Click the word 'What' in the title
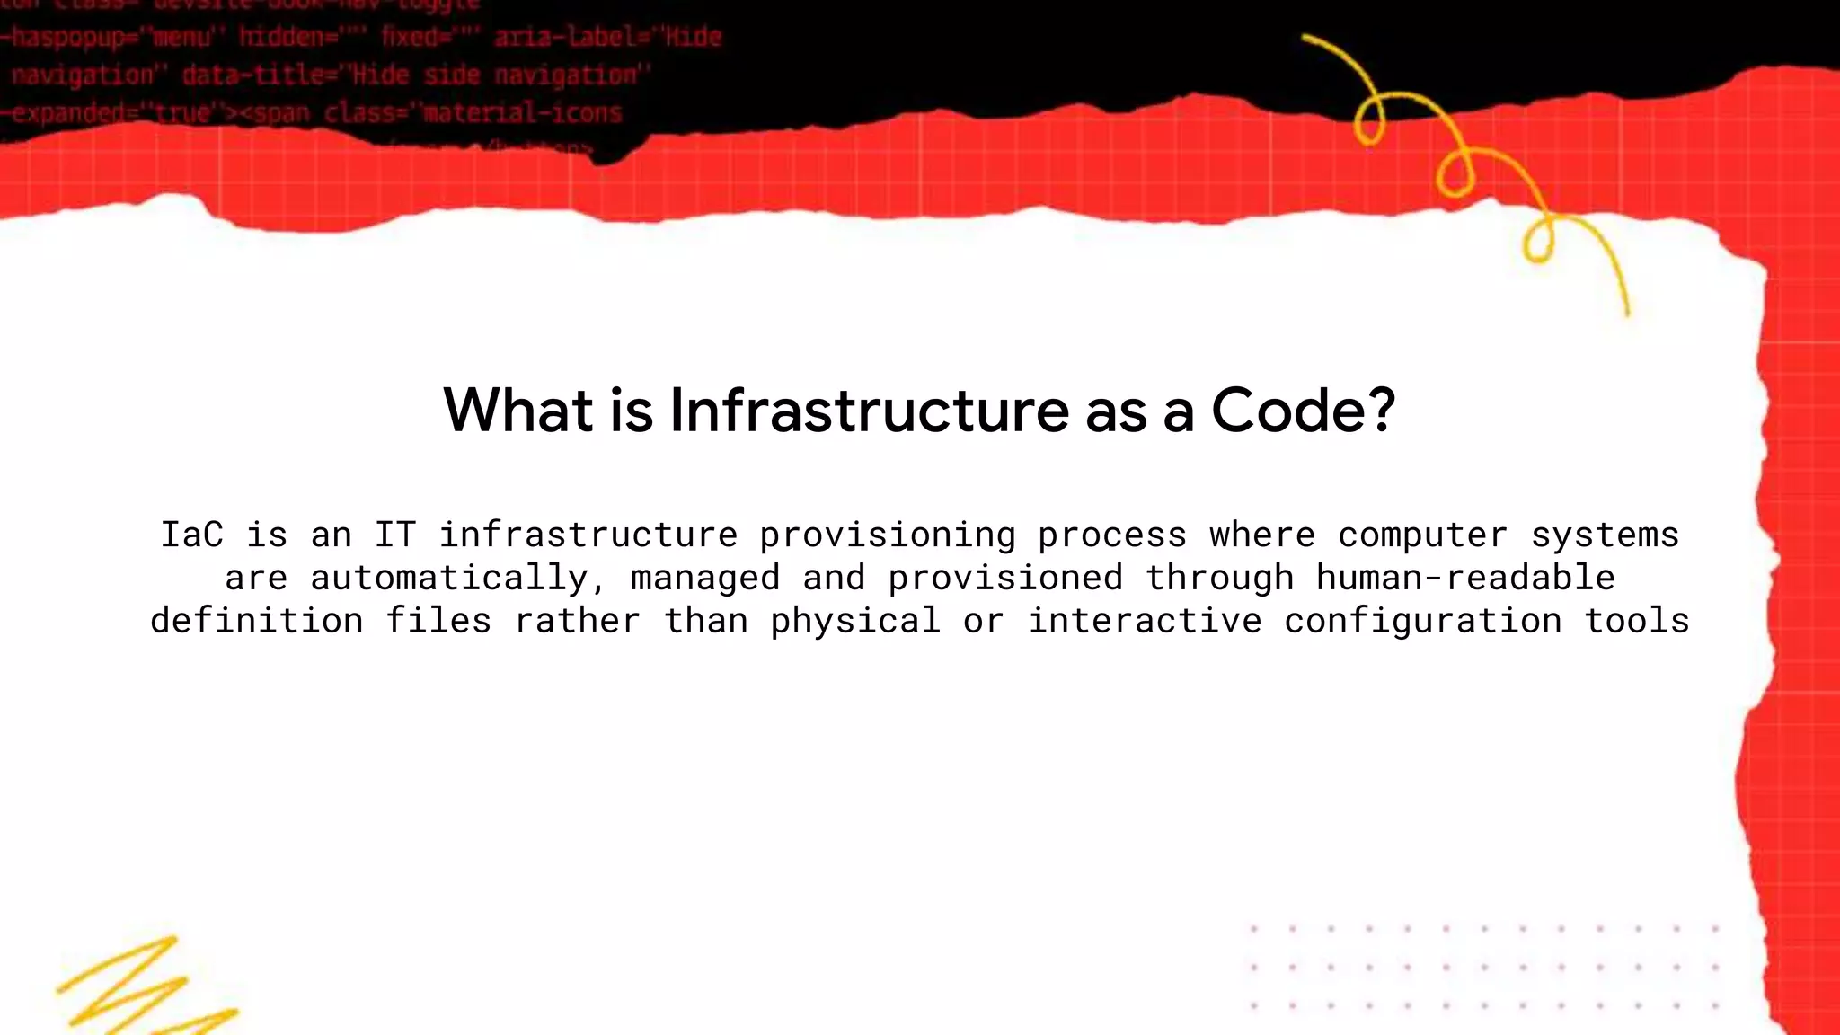pyautogui.click(x=518, y=411)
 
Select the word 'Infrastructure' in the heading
pyautogui.click(x=869, y=411)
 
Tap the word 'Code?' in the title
pyautogui.click(x=1303, y=411)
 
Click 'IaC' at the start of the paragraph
pyautogui.click(x=191, y=535)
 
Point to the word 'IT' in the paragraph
pyautogui.click(x=395, y=535)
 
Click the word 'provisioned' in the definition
pyautogui.click(x=1005, y=578)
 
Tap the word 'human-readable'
pyautogui.click(x=1465, y=578)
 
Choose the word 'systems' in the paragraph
pyautogui.click(x=1605, y=535)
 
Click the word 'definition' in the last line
pyautogui.click(x=256, y=621)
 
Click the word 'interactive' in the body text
pyautogui.click(x=1144, y=621)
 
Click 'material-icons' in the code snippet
pyautogui.click(x=522, y=113)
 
